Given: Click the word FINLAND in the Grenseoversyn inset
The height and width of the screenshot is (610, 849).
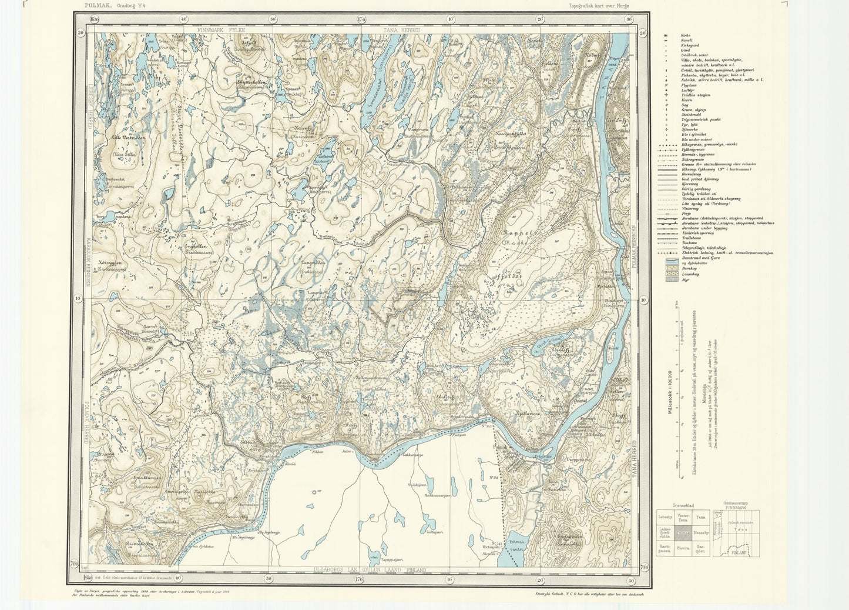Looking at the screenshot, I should (739, 554).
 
